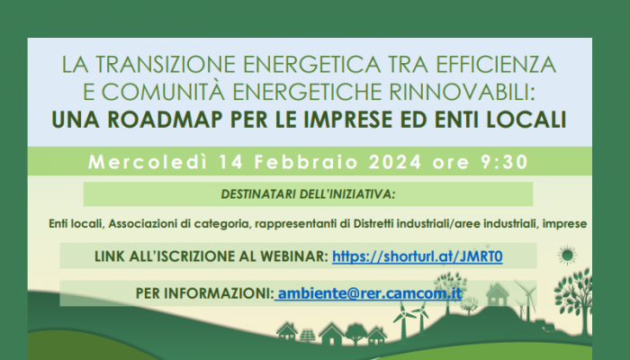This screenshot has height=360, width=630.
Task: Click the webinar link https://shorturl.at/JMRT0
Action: [x=417, y=256]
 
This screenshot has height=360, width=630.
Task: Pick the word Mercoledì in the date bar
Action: [x=139, y=163]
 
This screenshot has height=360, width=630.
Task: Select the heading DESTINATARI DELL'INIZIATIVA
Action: [x=309, y=193]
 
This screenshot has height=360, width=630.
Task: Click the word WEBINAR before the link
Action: [x=290, y=256]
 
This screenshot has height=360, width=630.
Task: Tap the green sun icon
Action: [x=566, y=256]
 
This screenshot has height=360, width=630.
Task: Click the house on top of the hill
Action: [x=496, y=294]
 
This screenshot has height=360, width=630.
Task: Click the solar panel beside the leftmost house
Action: [x=309, y=335]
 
